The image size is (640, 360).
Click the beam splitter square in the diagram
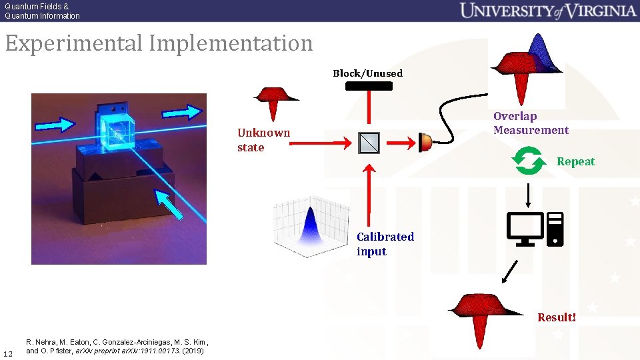click(369, 142)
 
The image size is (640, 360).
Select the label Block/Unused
click(367, 73)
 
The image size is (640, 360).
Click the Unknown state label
click(263, 140)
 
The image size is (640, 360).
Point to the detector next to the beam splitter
click(425, 141)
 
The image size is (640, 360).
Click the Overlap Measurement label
click(531, 123)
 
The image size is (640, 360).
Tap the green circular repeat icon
click(527, 161)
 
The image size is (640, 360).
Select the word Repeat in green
click(575, 162)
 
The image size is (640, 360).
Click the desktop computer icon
click(535, 229)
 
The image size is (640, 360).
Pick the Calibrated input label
click(385, 244)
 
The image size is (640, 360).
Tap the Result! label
click(557, 317)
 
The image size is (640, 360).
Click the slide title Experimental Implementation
click(159, 44)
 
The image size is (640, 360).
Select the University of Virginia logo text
click(548, 11)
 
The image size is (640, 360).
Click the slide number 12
click(8, 353)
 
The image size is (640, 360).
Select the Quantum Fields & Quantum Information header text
click(42, 11)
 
